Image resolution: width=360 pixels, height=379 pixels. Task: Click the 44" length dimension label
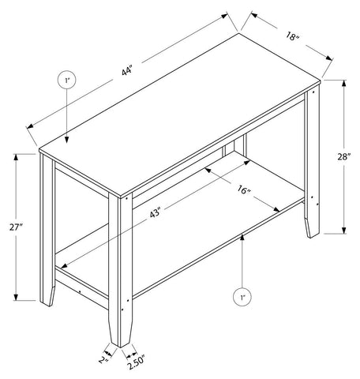pyautogui.click(x=126, y=71)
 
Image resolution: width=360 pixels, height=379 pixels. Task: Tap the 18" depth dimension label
pyautogui.click(x=293, y=36)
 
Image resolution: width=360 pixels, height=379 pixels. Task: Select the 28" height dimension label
pyautogui.click(x=344, y=157)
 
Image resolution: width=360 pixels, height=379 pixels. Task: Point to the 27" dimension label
pyautogui.click(x=17, y=227)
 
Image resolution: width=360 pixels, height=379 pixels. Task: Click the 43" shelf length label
pyautogui.click(x=156, y=212)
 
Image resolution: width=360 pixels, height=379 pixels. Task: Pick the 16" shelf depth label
pyautogui.click(x=244, y=189)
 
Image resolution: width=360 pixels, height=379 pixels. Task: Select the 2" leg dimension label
pyautogui.click(x=103, y=359)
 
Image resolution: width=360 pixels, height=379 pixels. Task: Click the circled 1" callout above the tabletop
pyautogui.click(x=66, y=80)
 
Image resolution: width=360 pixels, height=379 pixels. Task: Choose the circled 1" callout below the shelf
pyautogui.click(x=242, y=298)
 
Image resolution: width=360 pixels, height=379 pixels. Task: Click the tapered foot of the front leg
pyautogui.click(x=121, y=332)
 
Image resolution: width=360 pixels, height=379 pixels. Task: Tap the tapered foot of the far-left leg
pyautogui.click(x=47, y=295)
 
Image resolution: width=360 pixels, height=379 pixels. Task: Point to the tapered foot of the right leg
pyautogui.click(x=312, y=227)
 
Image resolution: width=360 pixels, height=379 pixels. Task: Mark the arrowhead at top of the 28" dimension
pyautogui.click(x=343, y=83)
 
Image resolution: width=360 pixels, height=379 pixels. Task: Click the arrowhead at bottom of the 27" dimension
pyautogui.click(x=16, y=297)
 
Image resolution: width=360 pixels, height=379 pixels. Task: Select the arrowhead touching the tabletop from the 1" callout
pyautogui.click(x=67, y=140)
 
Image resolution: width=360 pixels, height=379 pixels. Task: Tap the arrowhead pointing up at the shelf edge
pyautogui.click(x=242, y=237)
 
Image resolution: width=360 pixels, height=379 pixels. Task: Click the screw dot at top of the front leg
pyautogui.click(x=127, y=198)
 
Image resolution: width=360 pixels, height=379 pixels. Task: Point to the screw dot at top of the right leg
pyautogui.click(x=313, y=92)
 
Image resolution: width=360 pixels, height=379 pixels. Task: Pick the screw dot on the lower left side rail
pyautogui.click(x=80, y=291)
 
